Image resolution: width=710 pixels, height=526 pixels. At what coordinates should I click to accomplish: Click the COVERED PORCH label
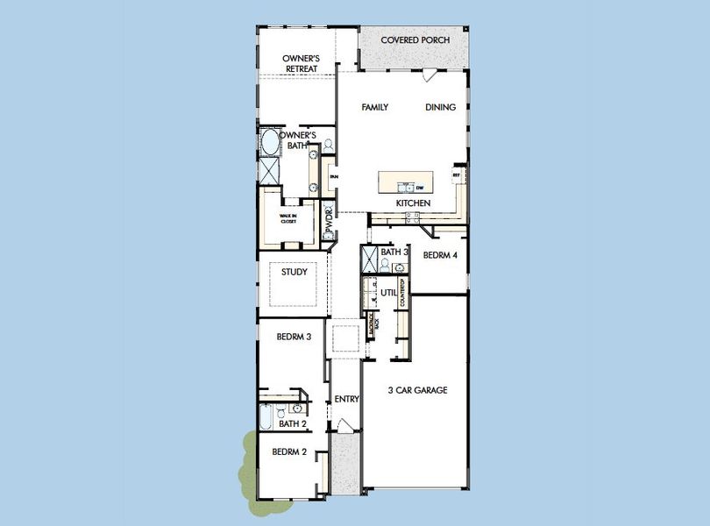click(x=415, y=41)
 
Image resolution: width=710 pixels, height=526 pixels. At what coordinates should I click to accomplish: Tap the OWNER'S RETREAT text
click(x=299, y=63)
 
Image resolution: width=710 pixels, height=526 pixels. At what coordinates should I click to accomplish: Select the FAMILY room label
click(x=375, y=107)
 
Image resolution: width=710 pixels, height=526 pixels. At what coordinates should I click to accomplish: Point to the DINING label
click(x=441, y=107)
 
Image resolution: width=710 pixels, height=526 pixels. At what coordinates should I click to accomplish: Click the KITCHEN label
click(x=413, y=203)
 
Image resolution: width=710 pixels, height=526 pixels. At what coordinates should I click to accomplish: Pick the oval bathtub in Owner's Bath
click(x=267, y=143)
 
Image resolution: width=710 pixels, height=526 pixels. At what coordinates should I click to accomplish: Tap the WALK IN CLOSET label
click(x=288, y=218)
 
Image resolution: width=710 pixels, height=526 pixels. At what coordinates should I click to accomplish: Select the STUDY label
click(x=294, y=272)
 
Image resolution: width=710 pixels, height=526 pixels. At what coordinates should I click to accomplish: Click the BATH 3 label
click(x=394, y=252)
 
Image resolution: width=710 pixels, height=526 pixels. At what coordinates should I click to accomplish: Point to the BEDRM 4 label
click(x=440, y=256)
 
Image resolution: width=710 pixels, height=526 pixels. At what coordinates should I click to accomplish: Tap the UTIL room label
click(x=388, y=292)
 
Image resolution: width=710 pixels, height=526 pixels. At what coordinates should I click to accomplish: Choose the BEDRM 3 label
click(x=295, y=336)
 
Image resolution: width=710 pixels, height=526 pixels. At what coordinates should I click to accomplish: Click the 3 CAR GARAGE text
click(x=418, y=390)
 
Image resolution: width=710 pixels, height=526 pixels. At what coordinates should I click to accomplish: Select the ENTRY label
click(x=347, y=399)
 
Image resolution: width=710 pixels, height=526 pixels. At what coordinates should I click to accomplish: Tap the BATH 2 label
click(x=292, y=424)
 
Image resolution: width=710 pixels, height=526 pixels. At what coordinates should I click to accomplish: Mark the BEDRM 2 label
click(x=288, y=452)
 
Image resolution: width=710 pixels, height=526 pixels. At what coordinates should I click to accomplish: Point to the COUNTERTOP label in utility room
click(x=402, y=292)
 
